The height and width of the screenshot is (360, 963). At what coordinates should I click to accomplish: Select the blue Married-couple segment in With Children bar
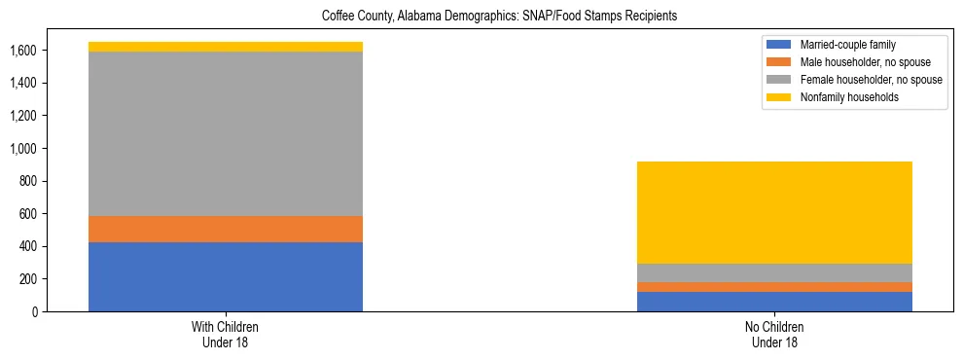pos(226,276)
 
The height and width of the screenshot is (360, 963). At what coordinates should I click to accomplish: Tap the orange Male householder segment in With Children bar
pos(226,229)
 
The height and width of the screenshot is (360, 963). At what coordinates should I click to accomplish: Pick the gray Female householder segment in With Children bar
pos(226,133)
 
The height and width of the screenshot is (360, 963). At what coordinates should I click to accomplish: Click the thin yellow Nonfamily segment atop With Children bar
pos(226,47)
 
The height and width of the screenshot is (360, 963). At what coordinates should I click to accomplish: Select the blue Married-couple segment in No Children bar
pos(775,302)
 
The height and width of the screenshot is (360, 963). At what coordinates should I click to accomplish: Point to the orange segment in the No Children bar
pos(775,287)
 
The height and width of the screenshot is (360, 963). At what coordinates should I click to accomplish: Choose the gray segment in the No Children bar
pos(775,273)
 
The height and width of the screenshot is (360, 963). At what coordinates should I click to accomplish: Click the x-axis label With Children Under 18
pos(226,335)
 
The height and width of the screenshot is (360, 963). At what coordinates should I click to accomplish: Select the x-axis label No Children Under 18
pos(775,335)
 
